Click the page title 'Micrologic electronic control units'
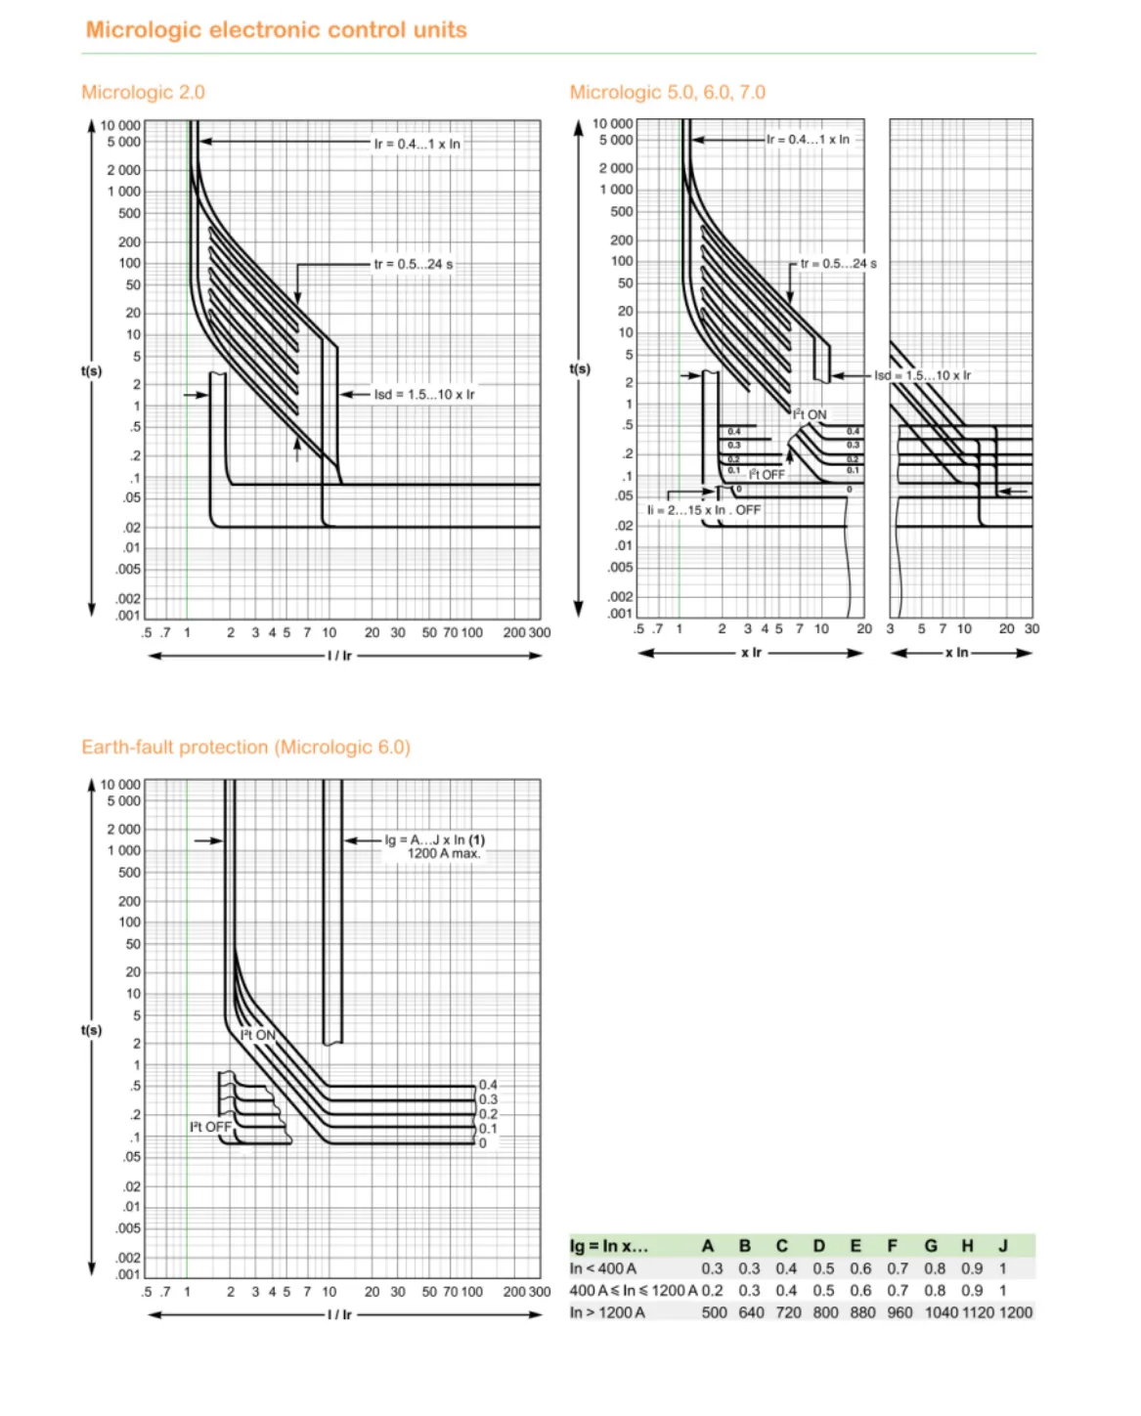(x=276, y=29)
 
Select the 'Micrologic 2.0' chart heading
(x=143, y=92)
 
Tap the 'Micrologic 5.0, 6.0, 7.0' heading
(x=667, y=92)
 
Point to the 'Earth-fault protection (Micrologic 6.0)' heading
(x=245, y=747)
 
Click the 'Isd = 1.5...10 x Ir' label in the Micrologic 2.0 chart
(x=423, y=395)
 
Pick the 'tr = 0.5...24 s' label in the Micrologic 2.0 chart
(x=413, y=264)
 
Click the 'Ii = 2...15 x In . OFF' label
(x=703, y=510)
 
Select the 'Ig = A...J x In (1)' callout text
(x=434, y=839)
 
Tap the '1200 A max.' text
(x=444, y=853)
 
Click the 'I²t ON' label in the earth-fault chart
(x=258, y=1035)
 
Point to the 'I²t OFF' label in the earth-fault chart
(x=210, y=1127)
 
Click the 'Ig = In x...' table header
(x=608, y=1246)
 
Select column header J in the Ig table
(x=1003, y=1246)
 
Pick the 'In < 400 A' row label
(x=602, y=1268)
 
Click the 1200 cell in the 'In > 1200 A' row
(x=1015, y=1312)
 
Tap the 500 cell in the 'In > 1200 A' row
(x=714, y=1312)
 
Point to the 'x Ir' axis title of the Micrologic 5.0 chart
(x=751, y=653)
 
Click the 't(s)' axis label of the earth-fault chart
(x=91, y=1030)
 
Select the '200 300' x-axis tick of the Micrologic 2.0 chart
(x=526, y=633)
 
